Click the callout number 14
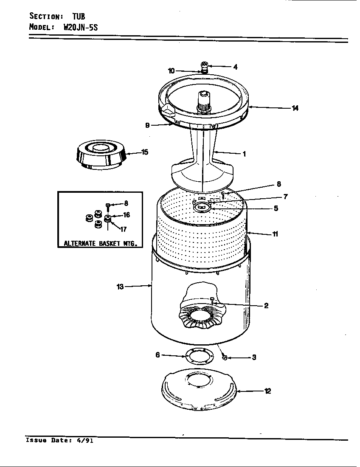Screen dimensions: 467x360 point(295,108)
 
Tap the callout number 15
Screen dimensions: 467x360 point(145,152)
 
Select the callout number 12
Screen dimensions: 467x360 point(267,391)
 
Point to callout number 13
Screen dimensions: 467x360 point(120,287)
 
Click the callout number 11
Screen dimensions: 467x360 point(275,233)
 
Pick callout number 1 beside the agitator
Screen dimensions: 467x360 point(244,154)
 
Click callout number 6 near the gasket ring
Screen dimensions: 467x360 point(157,355)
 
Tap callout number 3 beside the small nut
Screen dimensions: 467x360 point(254,357)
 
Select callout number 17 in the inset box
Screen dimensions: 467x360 point(123,230)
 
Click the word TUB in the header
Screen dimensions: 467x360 point(79,16)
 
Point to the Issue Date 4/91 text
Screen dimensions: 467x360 point(59,441)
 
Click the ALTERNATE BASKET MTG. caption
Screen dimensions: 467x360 point(100,244)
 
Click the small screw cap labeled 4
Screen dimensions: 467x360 point(204,66)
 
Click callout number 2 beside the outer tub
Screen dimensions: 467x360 point(266,305)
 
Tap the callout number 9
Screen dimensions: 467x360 point(147,125)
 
